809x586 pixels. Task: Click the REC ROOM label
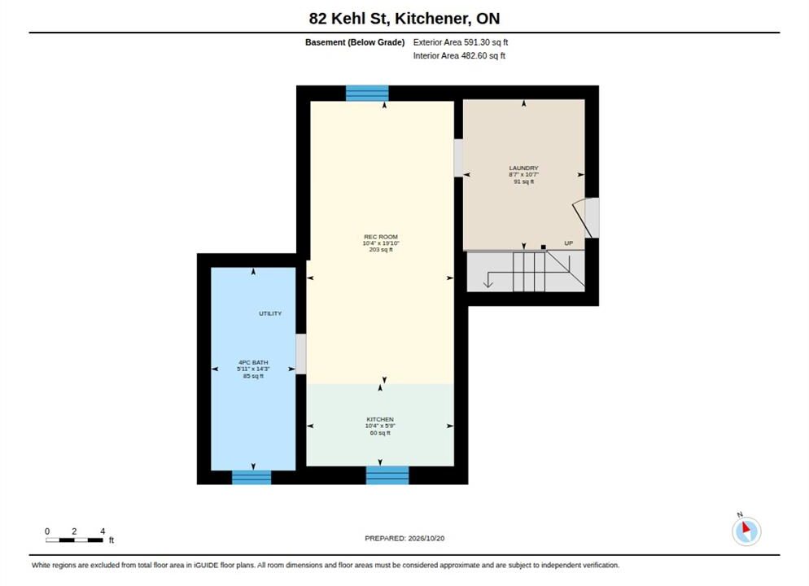point(381,237)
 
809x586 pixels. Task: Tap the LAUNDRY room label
point(523,168)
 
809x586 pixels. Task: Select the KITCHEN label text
point(380,419)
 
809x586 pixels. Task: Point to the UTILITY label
point(270,313)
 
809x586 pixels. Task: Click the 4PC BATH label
point(253,363)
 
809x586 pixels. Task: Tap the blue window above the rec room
point(367,93)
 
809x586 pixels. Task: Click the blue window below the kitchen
point(387,475)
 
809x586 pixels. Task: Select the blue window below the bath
point(251,477)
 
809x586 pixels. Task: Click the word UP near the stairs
point(569,243)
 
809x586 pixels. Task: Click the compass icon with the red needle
point(746,531)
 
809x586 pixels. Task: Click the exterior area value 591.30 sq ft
point(486,42)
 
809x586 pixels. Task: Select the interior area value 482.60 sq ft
point(483,55)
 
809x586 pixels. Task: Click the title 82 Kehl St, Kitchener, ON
point(404,19)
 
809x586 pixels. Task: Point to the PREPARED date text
point(404,538)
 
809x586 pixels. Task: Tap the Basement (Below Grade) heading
point(355,42)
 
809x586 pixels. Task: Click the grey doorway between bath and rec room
point(301,354)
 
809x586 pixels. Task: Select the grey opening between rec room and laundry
point(458,158)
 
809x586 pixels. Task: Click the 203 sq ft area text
point(381,250)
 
